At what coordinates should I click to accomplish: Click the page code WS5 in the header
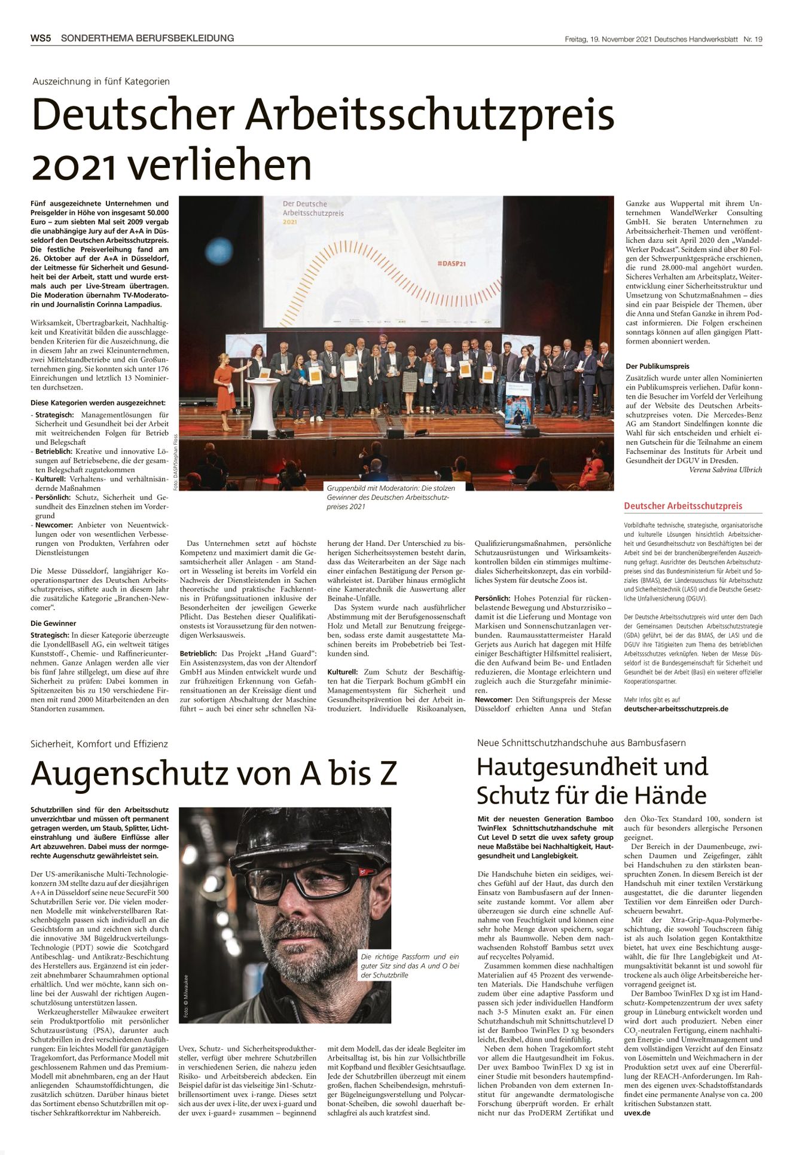[41, 38]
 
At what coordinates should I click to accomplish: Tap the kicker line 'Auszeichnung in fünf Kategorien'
[101, 81]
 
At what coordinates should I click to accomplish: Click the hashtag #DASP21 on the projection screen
[452, 263]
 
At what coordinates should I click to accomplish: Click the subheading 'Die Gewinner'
[53, 623]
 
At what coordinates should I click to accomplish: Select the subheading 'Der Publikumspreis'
[657, 366]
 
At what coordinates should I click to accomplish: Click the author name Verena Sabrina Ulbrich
[725, 470]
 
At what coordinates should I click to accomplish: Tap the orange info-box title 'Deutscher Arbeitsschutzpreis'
[683, 506]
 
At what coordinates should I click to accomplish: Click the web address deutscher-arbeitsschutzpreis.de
[676, 708]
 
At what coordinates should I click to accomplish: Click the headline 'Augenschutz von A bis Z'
[213, 773]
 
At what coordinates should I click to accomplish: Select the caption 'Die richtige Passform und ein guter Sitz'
[410, 965]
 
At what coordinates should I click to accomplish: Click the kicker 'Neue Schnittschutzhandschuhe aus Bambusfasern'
[581, 742]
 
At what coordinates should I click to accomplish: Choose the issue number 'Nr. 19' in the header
[752, 39]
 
